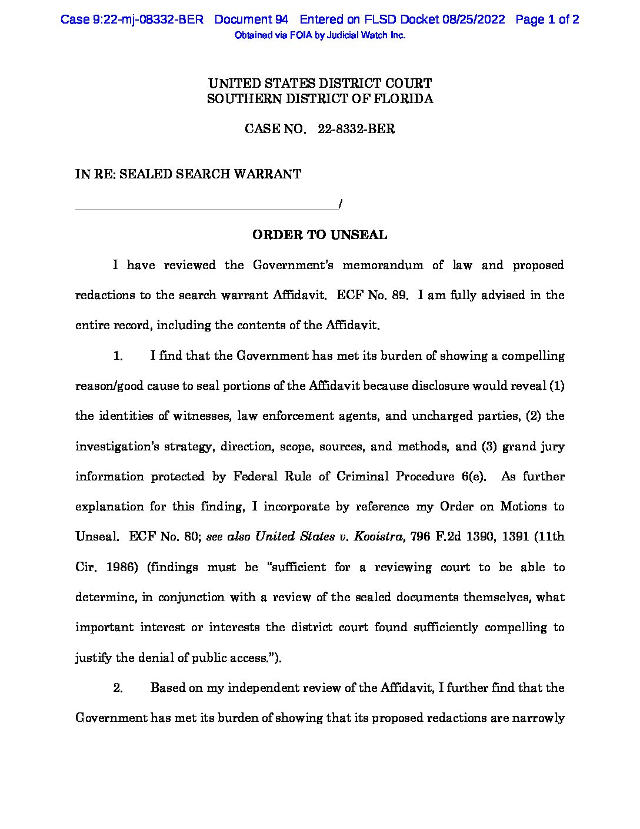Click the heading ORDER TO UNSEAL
coord(319,235)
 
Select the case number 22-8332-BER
coord(356,129)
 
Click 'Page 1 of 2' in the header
coord(547,19)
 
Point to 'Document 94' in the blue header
coord(251,19)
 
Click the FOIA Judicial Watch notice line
coord(320,35)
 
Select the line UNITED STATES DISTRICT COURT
coord(320,84)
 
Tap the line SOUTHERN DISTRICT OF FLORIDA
coord(320,99)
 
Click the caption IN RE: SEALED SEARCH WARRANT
coord(188,174)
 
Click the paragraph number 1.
coord(118,356)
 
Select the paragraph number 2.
coord(118,688)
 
